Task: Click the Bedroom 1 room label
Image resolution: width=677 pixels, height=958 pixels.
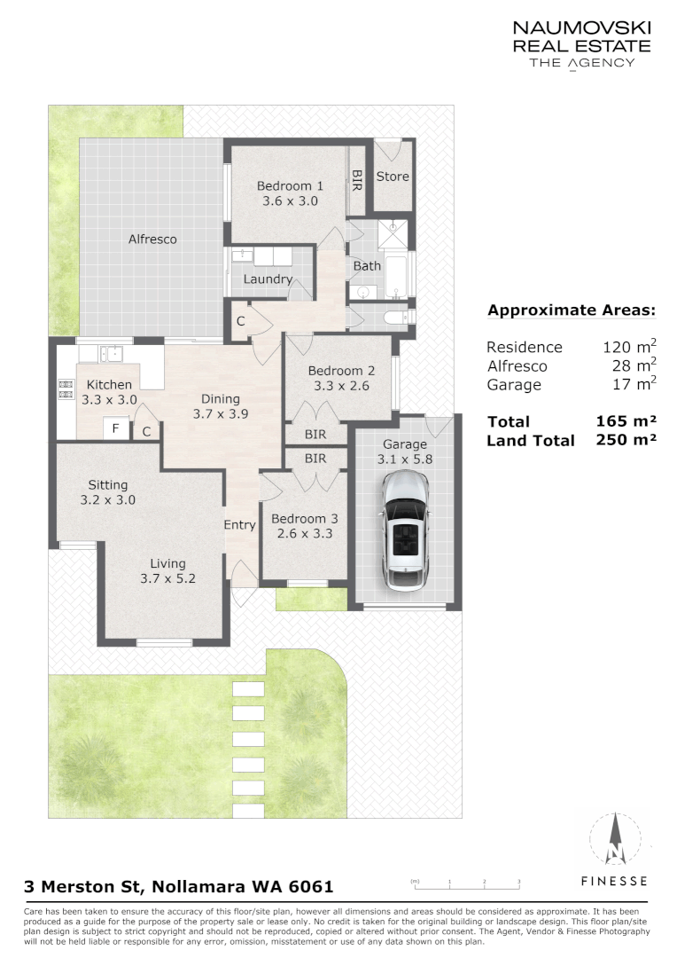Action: coord(290,185)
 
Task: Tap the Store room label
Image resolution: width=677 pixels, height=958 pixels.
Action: coord(393,177)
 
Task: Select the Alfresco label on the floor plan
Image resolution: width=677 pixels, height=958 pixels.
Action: coord(152,239)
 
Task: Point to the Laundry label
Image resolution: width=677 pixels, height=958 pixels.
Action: coord(268,279)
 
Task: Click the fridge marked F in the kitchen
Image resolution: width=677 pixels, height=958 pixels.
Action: coord(115,428)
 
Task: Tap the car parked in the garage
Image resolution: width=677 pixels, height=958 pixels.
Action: coord(405,531)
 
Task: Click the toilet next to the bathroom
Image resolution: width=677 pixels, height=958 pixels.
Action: coord(397,317)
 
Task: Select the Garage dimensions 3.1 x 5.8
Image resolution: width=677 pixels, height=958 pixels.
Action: coord(405,459)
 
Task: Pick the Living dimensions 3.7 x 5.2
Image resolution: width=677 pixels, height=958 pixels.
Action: coord(167,578)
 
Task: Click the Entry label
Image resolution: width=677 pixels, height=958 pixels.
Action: coord(239,525)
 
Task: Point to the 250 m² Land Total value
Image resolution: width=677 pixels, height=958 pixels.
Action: coord(626,440)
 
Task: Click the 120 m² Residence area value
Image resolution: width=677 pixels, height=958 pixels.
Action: coord(630,347)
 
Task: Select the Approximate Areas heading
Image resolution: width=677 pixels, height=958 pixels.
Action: coord(572,310)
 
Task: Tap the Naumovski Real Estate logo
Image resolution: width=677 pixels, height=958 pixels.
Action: coord(582,44)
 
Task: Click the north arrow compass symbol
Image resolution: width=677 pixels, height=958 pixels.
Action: coord(615,838)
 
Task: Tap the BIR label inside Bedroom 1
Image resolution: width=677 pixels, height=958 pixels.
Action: coord(357,180)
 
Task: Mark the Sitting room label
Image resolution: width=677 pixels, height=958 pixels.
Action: coord(108,485)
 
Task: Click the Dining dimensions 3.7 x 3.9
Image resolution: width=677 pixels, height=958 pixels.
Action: coord(221,413)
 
